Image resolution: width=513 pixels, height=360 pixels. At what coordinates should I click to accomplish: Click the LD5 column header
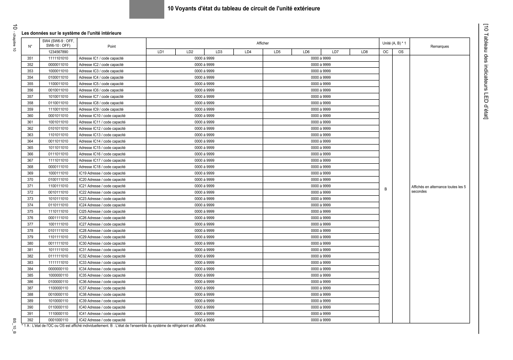(277, 52)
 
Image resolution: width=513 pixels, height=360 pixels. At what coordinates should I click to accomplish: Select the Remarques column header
(439, 46)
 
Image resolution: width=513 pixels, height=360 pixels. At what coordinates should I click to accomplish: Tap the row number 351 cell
(30, 59)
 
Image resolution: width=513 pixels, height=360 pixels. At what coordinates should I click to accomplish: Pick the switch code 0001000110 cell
(58, 320)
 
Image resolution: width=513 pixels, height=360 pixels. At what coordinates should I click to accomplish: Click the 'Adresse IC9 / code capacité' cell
(101, 109)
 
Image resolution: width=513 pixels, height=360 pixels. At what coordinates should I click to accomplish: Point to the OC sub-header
(385, 52)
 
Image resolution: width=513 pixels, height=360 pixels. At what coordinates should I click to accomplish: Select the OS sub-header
(401, 52)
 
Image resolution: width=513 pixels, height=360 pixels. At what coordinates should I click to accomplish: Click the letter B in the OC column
(385, 189)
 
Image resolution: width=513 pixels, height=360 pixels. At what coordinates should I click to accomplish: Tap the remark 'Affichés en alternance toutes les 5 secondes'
(438, 189)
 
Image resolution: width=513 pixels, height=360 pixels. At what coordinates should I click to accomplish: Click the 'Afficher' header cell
(263, 43)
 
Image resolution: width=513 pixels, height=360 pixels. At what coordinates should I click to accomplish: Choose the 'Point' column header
(111, 46)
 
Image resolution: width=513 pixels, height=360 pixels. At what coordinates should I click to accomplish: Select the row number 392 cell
(30, 320)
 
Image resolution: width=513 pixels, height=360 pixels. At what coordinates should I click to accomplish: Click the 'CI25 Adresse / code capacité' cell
(102, 211)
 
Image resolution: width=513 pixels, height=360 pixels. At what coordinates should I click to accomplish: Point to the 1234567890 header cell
(58, 52)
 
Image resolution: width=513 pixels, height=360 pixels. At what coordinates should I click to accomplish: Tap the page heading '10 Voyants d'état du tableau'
(243, 9)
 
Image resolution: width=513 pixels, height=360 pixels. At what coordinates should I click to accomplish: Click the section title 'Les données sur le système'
(71, 33)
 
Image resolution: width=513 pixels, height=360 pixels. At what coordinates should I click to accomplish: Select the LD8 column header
(365, 52)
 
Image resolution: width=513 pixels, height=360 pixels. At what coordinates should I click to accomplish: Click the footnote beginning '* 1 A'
(114, 326)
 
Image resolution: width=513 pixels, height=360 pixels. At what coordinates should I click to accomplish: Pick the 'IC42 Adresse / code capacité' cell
(102, 320)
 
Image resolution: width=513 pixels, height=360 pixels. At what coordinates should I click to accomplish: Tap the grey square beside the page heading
(146, 9)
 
